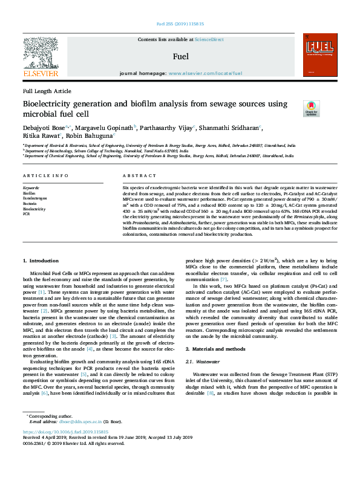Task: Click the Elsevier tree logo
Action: pos(41,53)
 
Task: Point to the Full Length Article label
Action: pos(47,91)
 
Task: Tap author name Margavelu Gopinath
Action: pos(106,128)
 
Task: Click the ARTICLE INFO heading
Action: pos(45,176)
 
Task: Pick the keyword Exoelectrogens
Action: pos(35,198)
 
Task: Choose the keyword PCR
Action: pos(26,214)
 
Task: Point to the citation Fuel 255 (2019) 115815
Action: pos(180,25)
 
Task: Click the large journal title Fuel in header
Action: pos(180,56)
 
